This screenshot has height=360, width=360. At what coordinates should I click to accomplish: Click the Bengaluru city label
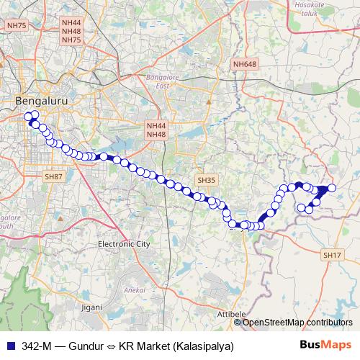(41, 102)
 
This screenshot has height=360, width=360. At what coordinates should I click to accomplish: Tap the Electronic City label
(124, 244)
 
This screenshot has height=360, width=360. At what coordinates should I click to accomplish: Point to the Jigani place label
(92, 307)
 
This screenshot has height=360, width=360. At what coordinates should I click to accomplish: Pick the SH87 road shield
(54, 176)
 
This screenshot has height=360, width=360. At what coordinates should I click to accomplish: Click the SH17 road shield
(332, 255)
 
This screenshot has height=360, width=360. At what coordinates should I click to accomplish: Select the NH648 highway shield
(244, 65)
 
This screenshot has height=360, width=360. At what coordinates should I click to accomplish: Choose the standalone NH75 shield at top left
(16, 25)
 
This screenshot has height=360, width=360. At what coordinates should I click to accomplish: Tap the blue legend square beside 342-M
(9, 345)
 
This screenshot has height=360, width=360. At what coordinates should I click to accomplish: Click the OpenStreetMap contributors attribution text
(298, 322)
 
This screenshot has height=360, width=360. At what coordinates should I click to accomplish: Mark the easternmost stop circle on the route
(331, 188)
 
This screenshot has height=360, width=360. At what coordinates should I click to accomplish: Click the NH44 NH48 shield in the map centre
(156, 130)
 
